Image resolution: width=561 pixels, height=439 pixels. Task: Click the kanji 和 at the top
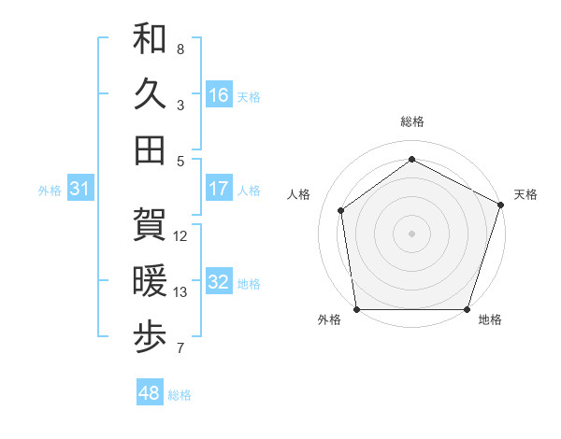150,39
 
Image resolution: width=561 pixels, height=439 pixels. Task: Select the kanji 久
150,95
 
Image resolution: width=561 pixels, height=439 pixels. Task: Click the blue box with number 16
219,95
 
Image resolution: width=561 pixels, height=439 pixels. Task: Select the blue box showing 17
219,189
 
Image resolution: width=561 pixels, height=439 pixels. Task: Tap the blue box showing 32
219,283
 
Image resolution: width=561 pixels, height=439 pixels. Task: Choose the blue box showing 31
80,190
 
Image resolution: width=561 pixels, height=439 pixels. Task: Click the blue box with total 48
150,393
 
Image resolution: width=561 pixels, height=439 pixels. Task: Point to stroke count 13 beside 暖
180,292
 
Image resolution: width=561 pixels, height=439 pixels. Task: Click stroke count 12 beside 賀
180,235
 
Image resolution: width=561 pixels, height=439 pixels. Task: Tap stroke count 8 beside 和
180,49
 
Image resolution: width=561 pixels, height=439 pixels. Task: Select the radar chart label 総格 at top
412,122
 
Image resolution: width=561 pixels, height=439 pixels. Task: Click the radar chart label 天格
525,194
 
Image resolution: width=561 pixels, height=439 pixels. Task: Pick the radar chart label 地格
490,319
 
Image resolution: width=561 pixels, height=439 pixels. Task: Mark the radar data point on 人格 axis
341,210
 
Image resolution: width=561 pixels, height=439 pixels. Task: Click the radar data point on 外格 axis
357,309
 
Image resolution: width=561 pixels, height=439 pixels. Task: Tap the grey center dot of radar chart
412,233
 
